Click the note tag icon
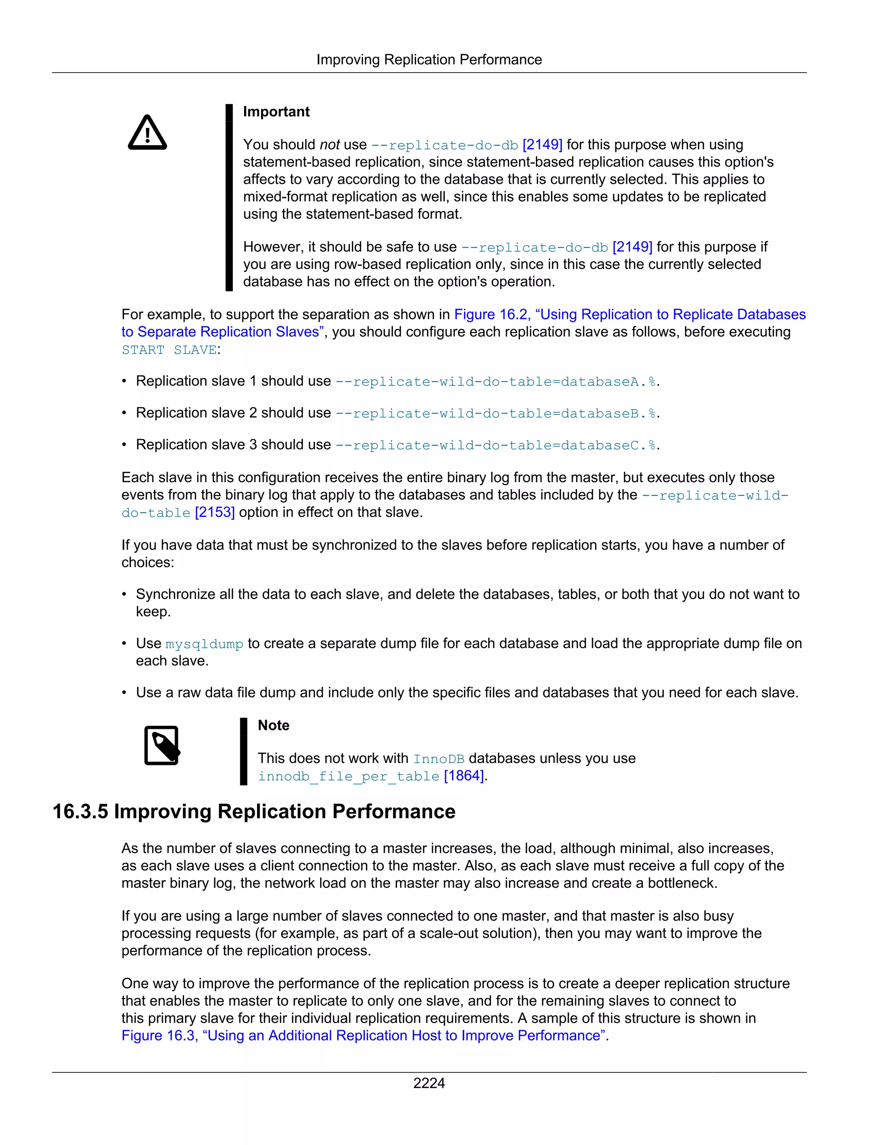tap(162, 745)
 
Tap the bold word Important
tap(276, 111)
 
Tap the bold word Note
tap(273, 725)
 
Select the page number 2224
tap(429, 1083)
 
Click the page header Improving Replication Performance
tap(429, 60)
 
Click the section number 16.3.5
tap(80, 811)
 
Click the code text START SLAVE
tap(169, 350)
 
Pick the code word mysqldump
tap(204, 644)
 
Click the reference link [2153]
tap(214, 512)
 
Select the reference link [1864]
tap(465, 776)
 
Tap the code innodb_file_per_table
tap(348, 776)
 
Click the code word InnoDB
tap(438, 759)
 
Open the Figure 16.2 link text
tap(629, 315)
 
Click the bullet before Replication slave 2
tap(124, 413)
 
